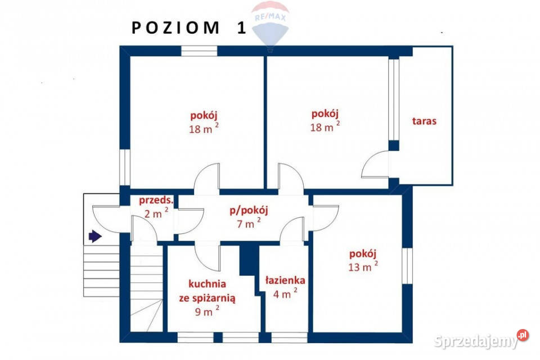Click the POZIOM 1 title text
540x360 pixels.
189,28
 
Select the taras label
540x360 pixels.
424,121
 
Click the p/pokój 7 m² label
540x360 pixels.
248,216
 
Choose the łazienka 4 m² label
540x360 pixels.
285,286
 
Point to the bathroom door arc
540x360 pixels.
292,231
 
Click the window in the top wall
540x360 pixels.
199,51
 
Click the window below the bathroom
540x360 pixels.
289,337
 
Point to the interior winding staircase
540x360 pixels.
146,292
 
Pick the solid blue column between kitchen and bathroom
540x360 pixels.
248,259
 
